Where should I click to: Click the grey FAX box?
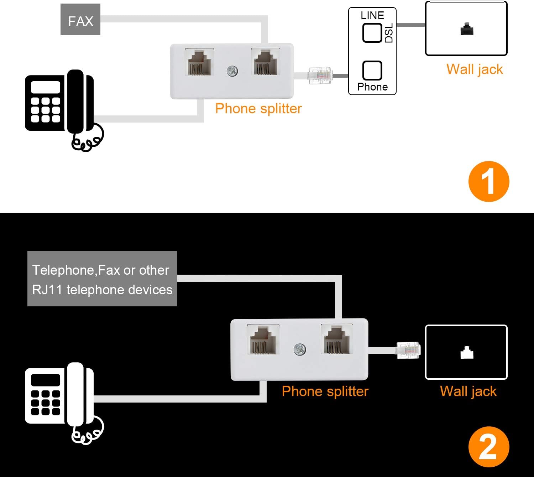pos(80,20)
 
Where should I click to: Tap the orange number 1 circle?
pos(488,181)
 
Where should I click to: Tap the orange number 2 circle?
pos(488,447)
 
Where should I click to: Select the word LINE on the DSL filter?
pos(372,16)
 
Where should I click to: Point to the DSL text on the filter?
pos(389,33)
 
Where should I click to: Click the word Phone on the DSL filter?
pos(372,87)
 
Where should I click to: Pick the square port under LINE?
pos(372,33)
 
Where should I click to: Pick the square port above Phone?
pos(372,70)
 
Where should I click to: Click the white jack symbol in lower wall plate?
pos(466,353)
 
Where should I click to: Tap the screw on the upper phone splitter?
pos(232,71)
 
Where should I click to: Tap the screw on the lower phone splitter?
pos(300,349)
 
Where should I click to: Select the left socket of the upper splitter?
pos(199,63)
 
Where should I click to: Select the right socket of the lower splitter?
pos(337,339)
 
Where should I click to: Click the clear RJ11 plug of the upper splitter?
pos(320,76)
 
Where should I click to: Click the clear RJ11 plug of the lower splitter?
pos(408,350)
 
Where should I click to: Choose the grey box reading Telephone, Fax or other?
pos(102,279)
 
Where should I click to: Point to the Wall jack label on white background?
pos(475,69)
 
